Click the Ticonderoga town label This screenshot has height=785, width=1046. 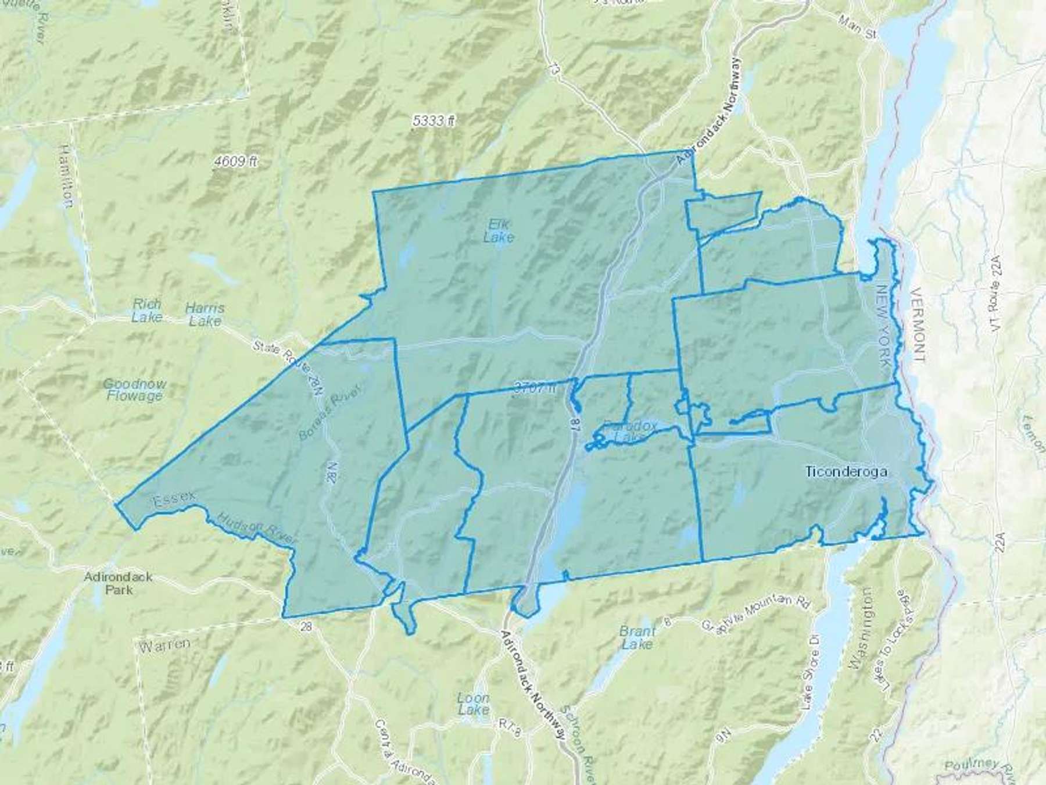pos(846,472)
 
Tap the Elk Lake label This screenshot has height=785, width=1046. pos(499,231)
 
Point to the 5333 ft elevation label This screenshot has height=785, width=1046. pos(433,121)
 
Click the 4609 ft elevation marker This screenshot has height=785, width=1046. pos(235,162)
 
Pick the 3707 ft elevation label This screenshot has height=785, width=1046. pos(535,388)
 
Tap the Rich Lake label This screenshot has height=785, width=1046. pos(146,311)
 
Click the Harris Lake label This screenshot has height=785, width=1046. pos(205,315)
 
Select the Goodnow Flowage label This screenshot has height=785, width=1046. pos(134,390)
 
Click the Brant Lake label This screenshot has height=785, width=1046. pos(637,637)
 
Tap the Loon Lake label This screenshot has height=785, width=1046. pos(473,704)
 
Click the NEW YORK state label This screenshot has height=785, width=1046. pos(885,326)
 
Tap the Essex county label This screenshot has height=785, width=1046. pos(173,501)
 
